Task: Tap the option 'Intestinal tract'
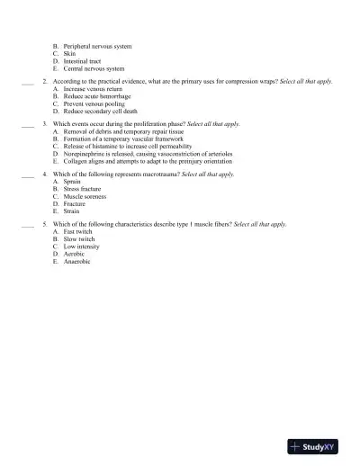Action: pos(82,61)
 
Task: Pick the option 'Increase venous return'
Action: pos(92,89)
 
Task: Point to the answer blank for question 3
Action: pos(27,126)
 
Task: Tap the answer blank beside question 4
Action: pos(27,175)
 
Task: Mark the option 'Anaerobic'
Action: pos(77,261)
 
